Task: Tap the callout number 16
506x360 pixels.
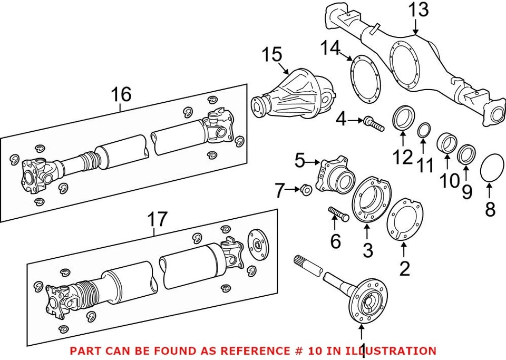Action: click(x=121, y=95)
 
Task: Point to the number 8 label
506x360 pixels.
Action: click(x=490, y=210)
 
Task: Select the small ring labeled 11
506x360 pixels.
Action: click(x=423, y=130)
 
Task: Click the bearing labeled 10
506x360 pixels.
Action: click(x=448, y=146)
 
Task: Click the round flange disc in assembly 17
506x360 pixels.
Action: click(x=257, y=244)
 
